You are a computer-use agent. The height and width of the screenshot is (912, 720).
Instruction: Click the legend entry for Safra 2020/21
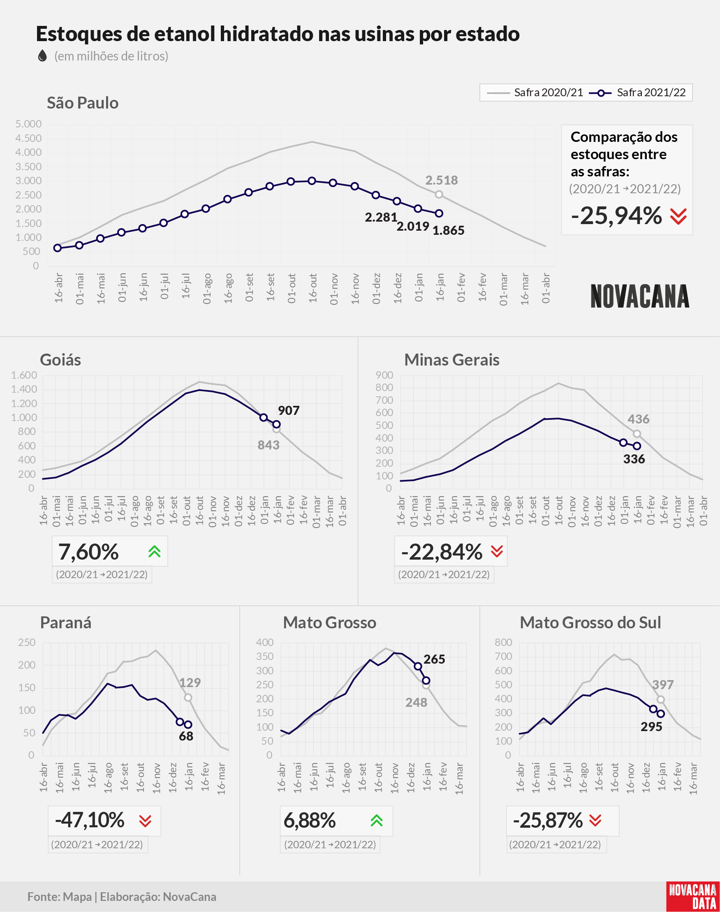tap(535, 93)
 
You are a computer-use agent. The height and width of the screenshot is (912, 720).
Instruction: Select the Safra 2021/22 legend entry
tap(637, 93)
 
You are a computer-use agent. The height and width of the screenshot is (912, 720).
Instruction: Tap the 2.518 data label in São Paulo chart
tap(441, 181)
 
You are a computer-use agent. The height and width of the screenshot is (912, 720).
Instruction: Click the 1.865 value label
tap(449, 231)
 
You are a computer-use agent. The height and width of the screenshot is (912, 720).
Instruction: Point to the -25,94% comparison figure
tap(616, 216)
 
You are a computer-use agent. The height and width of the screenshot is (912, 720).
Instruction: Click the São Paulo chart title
tap(83, 103)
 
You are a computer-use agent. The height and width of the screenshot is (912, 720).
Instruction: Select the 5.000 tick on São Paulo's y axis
tap(29, 124)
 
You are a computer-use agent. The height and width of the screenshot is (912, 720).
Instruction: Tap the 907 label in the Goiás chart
tap(289, 410)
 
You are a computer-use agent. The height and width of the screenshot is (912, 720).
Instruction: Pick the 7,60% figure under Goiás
tap(88, 552)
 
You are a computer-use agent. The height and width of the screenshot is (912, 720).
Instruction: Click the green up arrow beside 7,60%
tap(155, 551)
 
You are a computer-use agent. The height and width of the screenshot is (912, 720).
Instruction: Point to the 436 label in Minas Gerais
tap(639, 419)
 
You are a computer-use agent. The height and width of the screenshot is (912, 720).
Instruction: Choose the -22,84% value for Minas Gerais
tap(442, 552)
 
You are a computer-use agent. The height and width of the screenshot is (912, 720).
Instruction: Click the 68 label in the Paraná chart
tap(186, 736)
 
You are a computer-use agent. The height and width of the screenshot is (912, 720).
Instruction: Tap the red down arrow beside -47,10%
tap(145, 821)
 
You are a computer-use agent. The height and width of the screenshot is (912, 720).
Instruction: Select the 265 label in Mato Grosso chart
tap(434, 659)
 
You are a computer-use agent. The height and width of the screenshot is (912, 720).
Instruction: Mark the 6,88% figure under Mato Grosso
tap(310, 820)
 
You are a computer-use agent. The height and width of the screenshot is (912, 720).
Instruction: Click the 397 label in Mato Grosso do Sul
tap(663, 685)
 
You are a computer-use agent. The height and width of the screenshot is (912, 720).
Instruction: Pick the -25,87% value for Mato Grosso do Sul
tap(548, 820)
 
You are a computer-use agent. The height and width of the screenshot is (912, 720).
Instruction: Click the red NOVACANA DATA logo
tap(692, 896)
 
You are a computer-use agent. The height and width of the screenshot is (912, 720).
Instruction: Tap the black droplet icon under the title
tap(42, 56)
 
